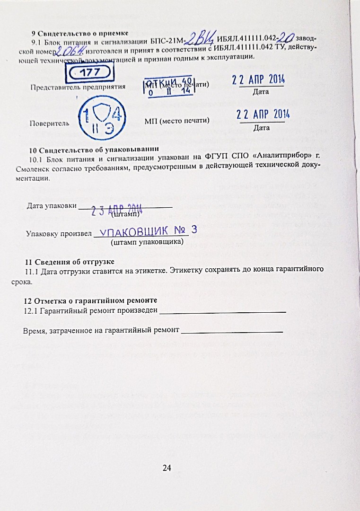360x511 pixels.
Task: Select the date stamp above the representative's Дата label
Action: coord(258,79)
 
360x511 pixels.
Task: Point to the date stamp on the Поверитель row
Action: coord(263,114)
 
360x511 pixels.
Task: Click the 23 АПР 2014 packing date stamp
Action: coord(117,210)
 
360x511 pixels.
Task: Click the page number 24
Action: coord(167,468)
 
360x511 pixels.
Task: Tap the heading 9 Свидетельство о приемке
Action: coord(79,33)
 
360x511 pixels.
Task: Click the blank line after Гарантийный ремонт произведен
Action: coord(223,311)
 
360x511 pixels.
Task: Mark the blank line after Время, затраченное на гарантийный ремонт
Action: coord(232,331)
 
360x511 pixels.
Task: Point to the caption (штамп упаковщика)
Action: coord(147,242)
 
